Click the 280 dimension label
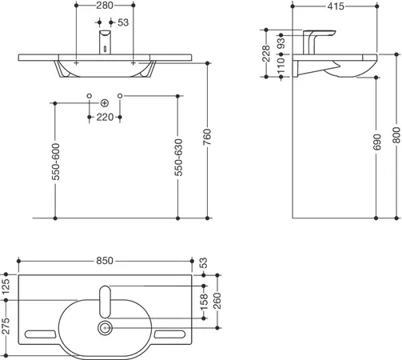(x=105, y=6)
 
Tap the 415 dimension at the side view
(x=336, y=6)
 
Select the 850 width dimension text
(x=105, y=261)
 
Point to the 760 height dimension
(x=207, y=137)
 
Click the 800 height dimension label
(x=396, y=135)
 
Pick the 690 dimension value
(x=377, y=142)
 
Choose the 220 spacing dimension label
(x=105, y=117)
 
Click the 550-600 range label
(x=56, y=162)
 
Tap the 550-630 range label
(x=178, y=158)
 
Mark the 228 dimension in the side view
(x=266, y=54)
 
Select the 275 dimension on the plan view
(x=6, y=326)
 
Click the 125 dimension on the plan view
(x=6, y=286)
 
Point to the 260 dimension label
(x=217, y=301)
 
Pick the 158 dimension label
(x=204, y=302)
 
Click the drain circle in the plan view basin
(x=105, y=328)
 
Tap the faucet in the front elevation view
(x=105, y=42)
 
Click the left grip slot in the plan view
(x=40, y=334)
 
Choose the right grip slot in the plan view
(x=169, y=334)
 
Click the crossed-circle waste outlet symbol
(x=105, y=103)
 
